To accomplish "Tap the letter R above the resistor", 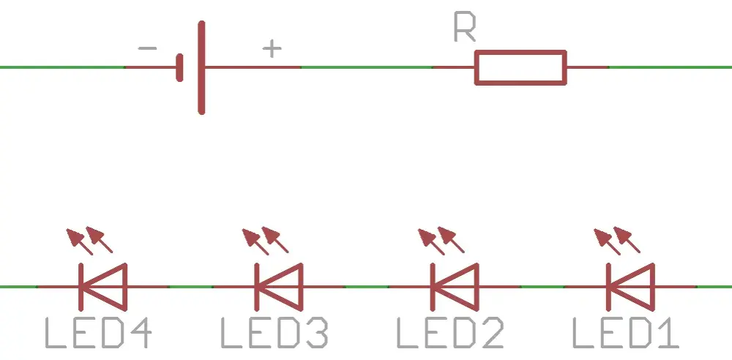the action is click(465, 28).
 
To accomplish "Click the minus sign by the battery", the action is click(148, 48).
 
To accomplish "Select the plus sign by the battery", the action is click(272, 48).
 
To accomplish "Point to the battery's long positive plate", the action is click(201, 68).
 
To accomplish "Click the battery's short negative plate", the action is click(180, 68).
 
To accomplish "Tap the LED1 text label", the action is click(626, 333).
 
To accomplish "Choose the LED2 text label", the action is click(450, 333).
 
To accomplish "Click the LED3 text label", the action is click(274, 333).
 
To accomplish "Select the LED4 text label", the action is click(99, 333).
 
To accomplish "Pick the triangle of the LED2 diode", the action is click(477, 287).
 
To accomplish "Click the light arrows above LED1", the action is click(616, 241).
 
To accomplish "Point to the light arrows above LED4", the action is click(89, 241).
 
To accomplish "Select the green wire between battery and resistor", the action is click(367, 67).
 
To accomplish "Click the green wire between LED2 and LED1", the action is click(542, 287).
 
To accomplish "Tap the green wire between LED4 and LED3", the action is click(190, 287).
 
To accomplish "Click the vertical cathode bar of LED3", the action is click(257, 287).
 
